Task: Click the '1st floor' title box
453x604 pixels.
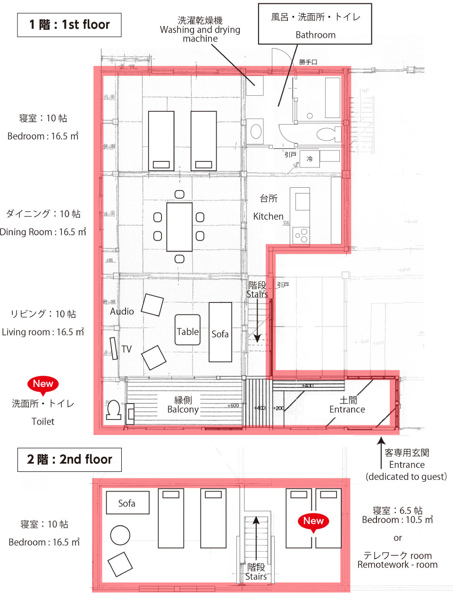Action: pyautogui.click(x=69, y=25)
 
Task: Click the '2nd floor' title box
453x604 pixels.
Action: pyautogui.click(x=69, y=460)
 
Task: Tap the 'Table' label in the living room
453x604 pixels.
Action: pyautogui.click(x=187, y=331)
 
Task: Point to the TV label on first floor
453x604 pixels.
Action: pyautogui.click(x=126, y=349)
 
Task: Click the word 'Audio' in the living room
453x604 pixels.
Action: pyautogui.click(x=122, y=311)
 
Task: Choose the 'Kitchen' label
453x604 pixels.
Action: pyautogui.click(x=268, y=217)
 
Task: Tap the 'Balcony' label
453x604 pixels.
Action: pyautogui.click(x=183, y=409)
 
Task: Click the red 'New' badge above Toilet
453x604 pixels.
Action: pyautogui.click(x=43, y=384)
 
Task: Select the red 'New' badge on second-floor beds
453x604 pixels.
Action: pyautogui.click(x=313, y=521)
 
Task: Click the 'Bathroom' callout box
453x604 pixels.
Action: pyautogui.click(x=315, y=25)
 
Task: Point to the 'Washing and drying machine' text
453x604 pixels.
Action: pyautogui.click(x=200, y=30)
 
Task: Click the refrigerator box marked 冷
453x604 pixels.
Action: pyautogui.click(x=310, y=159)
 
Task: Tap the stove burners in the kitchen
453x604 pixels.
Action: pyautogui.click(x=301, y=235)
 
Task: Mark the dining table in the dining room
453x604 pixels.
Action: pyautogui.click(x=179, y=227)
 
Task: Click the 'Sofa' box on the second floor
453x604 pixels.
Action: pyautogui.click(x=127, y=503)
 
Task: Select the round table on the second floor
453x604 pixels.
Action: pyautogui.click(x=120, y=536)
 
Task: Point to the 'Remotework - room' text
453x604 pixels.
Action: pyautogui.click(x=397, y=565)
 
